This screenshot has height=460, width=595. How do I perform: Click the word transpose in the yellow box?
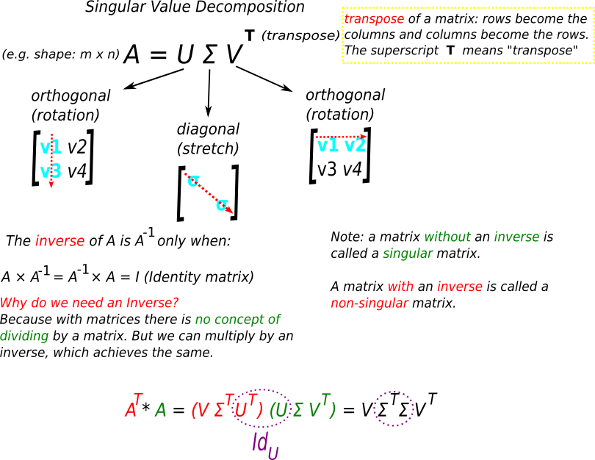(374, 19)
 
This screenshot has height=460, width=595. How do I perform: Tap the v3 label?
(51, 172)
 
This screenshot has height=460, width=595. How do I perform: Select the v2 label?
(355, 145)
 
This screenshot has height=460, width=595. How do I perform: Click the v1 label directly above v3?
(51, 147)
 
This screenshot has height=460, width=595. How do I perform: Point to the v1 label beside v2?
(328, 145)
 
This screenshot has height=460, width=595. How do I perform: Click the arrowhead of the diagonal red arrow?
(230, 211)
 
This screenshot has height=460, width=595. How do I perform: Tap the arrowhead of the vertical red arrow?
(51, 184)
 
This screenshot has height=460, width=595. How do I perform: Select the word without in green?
(447, 237)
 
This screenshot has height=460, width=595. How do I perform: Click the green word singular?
(407, 254)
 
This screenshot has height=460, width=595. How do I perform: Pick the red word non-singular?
(369, 303)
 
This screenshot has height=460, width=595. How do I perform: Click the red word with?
(400, 287)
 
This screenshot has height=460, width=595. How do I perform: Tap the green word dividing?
(24, 337)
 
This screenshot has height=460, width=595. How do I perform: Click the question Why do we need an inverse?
(89, 303)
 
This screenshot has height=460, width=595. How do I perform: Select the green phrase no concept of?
(237, 320)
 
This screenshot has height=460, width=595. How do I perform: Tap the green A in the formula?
(160, 410)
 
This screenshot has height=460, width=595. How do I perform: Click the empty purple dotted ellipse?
(393, 409)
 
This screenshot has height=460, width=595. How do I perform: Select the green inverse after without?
(516, 237)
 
